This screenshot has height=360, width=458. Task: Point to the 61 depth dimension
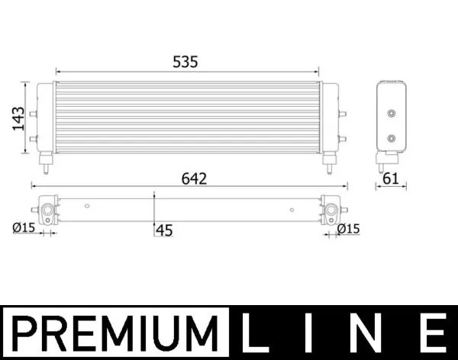pos(391,179)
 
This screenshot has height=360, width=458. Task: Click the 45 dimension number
pos(164,230)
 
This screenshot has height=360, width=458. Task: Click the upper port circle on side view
pos(392,114)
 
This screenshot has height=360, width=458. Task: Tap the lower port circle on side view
pos(392,139)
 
